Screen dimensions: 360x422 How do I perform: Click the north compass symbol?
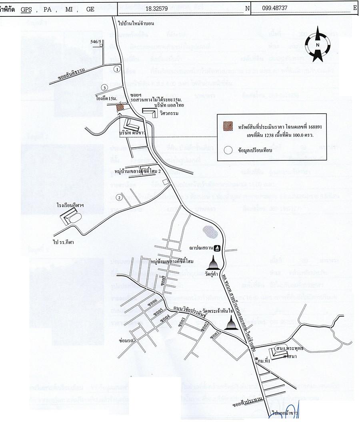(x=317, y=44)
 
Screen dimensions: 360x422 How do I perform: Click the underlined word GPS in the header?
(x=26, y=8)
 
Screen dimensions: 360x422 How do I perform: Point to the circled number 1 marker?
(x=116, y=69)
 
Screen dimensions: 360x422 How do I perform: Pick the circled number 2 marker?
(x=118, y=197)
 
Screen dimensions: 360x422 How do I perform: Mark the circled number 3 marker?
(x=104, y=87)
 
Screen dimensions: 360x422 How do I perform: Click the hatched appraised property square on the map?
(x=120, y=107)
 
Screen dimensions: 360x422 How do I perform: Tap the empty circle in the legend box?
(x=228, y=150)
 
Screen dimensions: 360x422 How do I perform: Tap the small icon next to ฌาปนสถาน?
(x=217, y=248)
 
